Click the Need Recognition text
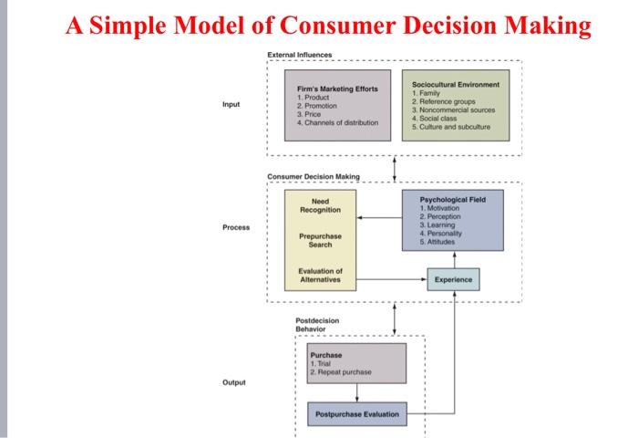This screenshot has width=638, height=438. tap(320, 205)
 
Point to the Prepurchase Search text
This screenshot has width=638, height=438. tap(320, 240)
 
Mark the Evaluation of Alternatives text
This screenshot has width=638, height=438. tap(320, 276)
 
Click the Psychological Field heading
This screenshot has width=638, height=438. tap(452, 198)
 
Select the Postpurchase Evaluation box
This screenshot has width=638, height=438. tap(356, 414)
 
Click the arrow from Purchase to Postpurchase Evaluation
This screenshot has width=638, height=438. tap(356, 392)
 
